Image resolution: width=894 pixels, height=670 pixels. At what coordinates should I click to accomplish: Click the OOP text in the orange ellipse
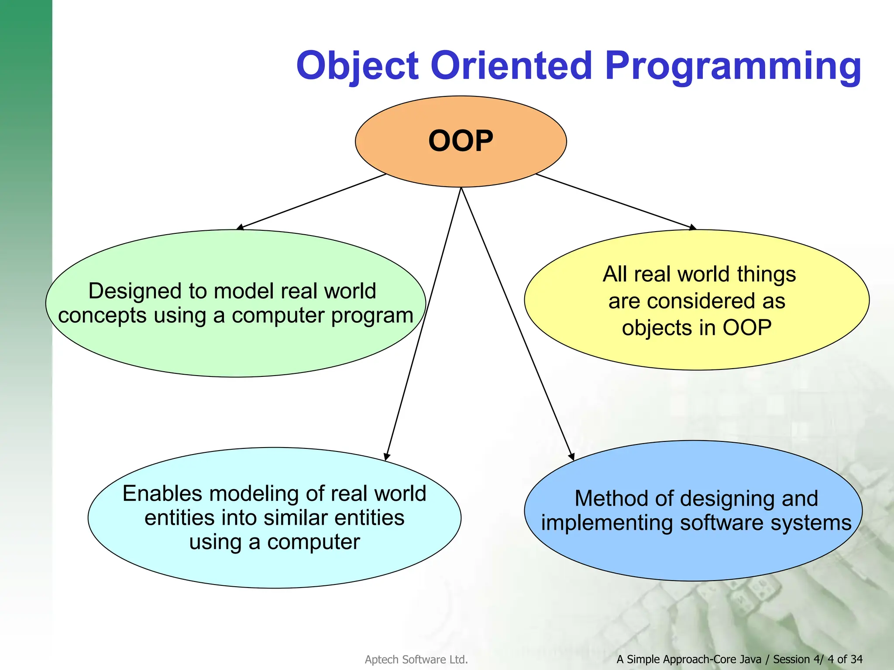[461, 141]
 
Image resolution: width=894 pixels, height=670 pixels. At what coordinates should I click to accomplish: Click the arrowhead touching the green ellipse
[240, 227]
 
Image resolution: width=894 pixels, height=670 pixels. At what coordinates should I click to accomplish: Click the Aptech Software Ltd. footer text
[416, 660]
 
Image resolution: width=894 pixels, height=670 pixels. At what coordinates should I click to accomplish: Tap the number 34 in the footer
[856, 659]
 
